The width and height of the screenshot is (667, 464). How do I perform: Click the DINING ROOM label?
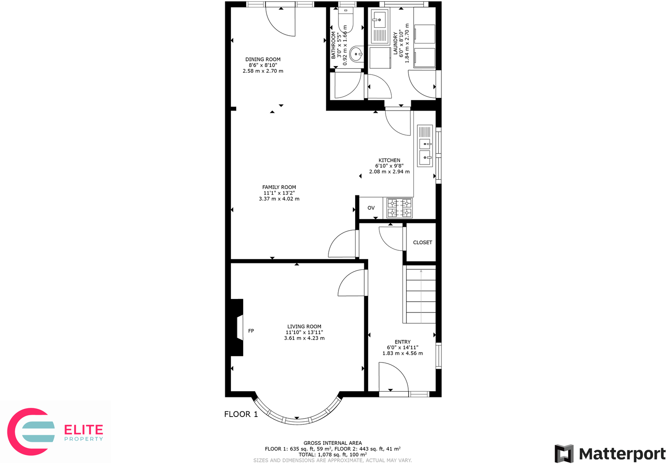click(263, 59)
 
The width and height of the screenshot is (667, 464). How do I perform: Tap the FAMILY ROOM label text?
click(279, 187)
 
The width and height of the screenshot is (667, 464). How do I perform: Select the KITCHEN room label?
click(389, 160)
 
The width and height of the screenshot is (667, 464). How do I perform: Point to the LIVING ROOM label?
click(304, 326)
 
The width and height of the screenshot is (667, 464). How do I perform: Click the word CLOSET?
click(422, 242)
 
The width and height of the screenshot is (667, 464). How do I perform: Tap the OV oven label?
click(371, 208)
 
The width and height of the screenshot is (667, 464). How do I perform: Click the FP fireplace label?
click(251, 331)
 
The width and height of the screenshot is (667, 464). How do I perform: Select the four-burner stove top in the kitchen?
click(400, 208)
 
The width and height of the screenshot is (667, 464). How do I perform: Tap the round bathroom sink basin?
click(356, 55)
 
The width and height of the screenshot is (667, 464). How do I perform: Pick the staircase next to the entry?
click(420, 295)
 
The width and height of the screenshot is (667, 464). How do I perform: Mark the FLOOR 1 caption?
click(241, 414)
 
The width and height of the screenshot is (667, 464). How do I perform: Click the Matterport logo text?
click(622, 454)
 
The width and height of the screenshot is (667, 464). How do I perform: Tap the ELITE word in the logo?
click(84, 430)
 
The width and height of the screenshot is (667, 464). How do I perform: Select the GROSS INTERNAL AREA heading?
click(332, 443)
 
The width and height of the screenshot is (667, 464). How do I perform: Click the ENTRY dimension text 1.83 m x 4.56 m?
click(403, 353)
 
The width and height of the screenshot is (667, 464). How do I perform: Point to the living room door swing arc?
click(351, 283)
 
